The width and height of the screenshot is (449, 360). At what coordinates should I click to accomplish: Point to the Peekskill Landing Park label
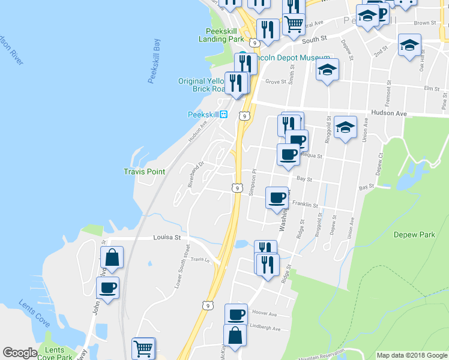(221, 35)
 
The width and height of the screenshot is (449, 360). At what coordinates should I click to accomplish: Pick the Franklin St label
(306, 205)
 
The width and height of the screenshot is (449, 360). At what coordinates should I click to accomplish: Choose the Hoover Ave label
(264, 314)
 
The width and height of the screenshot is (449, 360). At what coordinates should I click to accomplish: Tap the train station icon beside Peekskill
(223, 115)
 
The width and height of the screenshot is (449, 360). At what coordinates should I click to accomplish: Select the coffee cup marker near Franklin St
(277, 197)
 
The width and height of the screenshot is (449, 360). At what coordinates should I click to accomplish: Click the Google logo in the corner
(20, 353)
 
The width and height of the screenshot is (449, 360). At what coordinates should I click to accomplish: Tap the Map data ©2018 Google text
(411, 355)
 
